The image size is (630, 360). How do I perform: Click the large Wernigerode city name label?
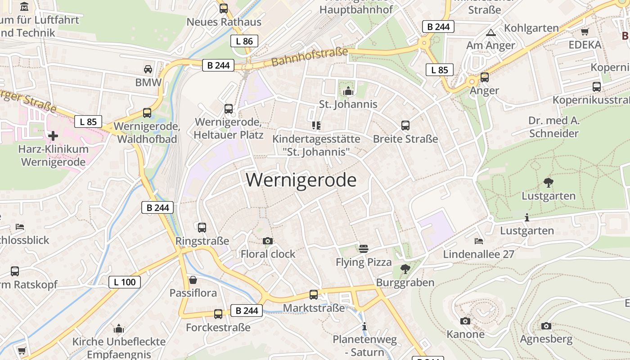tap(301, 180)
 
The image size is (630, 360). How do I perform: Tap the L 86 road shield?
tap(244, 41)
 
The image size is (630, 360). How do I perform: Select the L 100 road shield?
tap(125, 282)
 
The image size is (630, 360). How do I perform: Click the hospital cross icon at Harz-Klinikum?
tap(53, 135)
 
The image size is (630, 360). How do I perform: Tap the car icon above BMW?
tap(148, 69)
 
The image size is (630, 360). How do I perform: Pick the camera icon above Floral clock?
tap(268, 241)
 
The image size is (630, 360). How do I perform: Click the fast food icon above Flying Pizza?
tap(364, 248)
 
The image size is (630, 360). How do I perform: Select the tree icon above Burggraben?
tap(405, 269)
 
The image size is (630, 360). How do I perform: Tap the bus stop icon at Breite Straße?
tap(405, 126)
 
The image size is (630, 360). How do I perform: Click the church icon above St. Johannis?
tap(348, 91)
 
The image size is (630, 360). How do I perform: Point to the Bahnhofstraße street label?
tap(310, 57)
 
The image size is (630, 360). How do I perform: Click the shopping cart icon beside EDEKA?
tap(585, 31)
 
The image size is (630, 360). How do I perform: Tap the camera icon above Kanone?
tap(465, 321)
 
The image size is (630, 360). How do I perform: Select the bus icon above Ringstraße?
tap(202, 228)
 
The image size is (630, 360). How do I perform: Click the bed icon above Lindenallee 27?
tap(478, 241)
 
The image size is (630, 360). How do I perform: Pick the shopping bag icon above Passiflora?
tap(193, 280)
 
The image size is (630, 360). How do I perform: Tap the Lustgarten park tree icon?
tap(548, 182)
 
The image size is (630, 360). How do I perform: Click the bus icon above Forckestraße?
tap(218, 314)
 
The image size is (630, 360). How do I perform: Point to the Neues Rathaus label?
tap(224, 22)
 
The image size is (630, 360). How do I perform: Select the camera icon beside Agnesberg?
tap(546, 326)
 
